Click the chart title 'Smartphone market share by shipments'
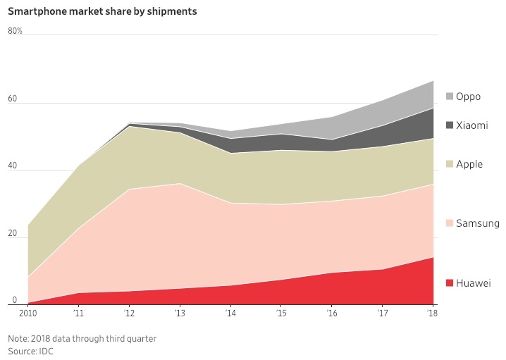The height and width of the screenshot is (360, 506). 102,12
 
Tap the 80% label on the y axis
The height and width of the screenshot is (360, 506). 16,31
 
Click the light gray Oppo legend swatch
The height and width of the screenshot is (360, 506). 449,97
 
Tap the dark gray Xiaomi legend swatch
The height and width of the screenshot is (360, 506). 449,125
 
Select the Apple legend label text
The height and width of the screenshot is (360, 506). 469,164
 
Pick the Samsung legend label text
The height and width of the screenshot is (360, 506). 478,223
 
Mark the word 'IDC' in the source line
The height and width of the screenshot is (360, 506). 47,351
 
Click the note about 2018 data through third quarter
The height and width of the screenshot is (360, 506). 82,338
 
